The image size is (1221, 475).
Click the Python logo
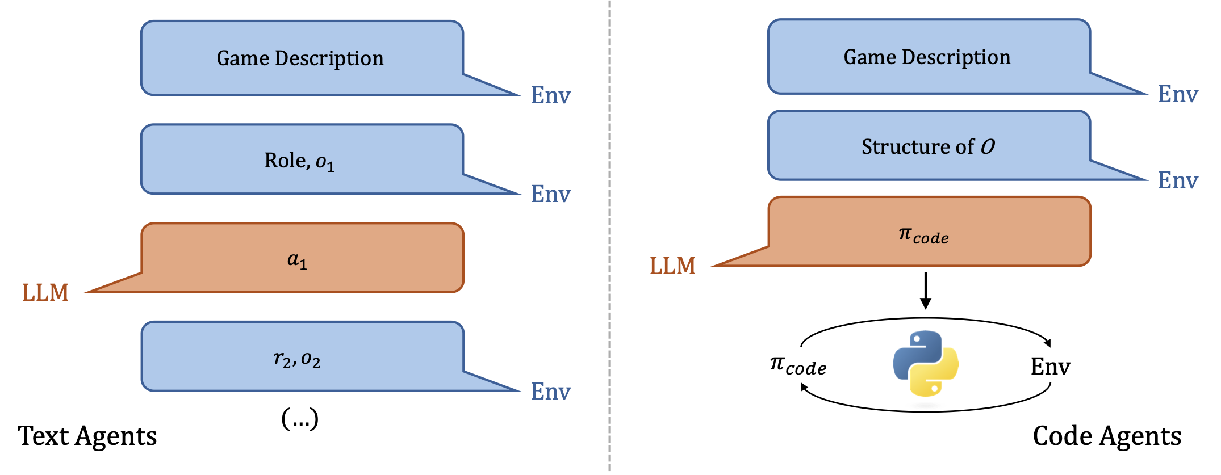pyautogui.click(x=926, y=363)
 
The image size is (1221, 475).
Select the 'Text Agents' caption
pyautogui.click(x=87, y=436)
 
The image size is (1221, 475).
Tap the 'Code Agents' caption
pyautogui.click(x=1107, y=436)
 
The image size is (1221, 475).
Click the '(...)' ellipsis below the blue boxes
pyautogui.click(x=300, y=419)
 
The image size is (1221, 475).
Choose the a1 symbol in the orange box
pyautogui.click(x=297, y=260)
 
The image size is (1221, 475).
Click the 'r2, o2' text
pyautogui.click(x=297, y=359)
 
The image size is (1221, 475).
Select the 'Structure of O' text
pyautogui.click(x=928, y=146)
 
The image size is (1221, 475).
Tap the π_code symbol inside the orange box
pyautogui.click(x=923, y=234)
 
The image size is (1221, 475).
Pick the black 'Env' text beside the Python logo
pyautogui.click(x=1050, y=366)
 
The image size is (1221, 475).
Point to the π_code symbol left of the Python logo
pyautogui.click(x=798, y=365)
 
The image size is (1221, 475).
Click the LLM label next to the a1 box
pyautogui.click(x=45, y=292)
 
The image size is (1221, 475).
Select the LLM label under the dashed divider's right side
pyautogui.click(x=672, y=266)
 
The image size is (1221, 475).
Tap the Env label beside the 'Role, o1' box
pyautogui.click(x=550, y=194)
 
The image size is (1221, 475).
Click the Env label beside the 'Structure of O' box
pyautogui.click(x=1178, y=180)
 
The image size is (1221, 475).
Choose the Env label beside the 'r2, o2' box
pyautogui.click(x=550, y=392)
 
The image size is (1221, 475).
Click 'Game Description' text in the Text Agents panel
pyautogui.click(x=300, y=58)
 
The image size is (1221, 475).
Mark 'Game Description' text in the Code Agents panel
pyautogui.click(x=927, y=57)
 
